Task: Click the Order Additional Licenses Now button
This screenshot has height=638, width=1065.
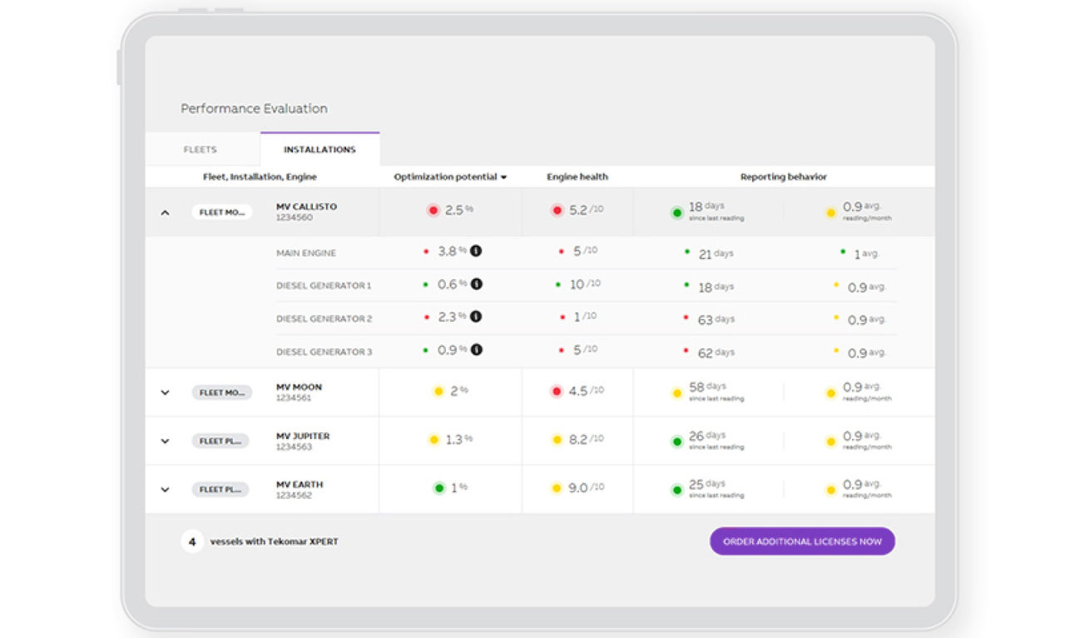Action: [802, 541]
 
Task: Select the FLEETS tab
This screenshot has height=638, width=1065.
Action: [200, 150]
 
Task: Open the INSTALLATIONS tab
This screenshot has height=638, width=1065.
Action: [319, 150]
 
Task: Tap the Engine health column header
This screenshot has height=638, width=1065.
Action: [577, 177]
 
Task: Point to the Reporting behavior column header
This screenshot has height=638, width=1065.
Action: [784, 177]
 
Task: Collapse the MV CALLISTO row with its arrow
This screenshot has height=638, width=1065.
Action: [165, 212]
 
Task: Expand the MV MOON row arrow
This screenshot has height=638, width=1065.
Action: [165, 392]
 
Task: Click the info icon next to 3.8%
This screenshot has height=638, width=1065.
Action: [477, 251]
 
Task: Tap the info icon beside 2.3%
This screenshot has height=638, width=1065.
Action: [477, 317]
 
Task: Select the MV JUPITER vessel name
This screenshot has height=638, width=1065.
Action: [303, 436]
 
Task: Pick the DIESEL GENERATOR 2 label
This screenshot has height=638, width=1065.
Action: [324, 319]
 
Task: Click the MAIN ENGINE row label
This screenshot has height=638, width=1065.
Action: [306, 253]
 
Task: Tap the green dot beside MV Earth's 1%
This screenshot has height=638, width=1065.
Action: [438, 488]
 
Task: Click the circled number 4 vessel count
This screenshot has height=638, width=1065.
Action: [192, 541]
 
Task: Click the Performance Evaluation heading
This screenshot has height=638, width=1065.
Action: [254, 108]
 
